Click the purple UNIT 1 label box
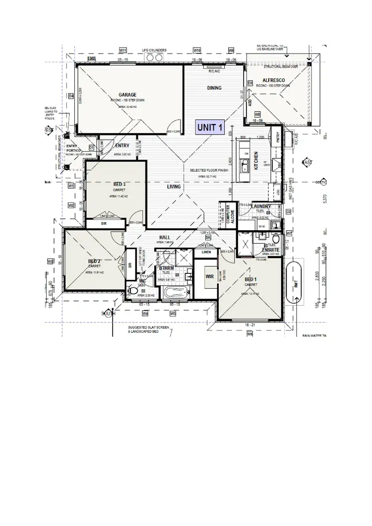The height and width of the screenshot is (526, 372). (209, 128)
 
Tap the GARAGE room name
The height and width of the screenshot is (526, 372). (127, 94)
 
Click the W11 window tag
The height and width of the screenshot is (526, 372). (124, 51)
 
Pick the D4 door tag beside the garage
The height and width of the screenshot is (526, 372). (71, 96)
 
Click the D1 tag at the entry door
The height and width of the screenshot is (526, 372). (91, 147)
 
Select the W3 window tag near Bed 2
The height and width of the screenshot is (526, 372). (50, 261)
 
